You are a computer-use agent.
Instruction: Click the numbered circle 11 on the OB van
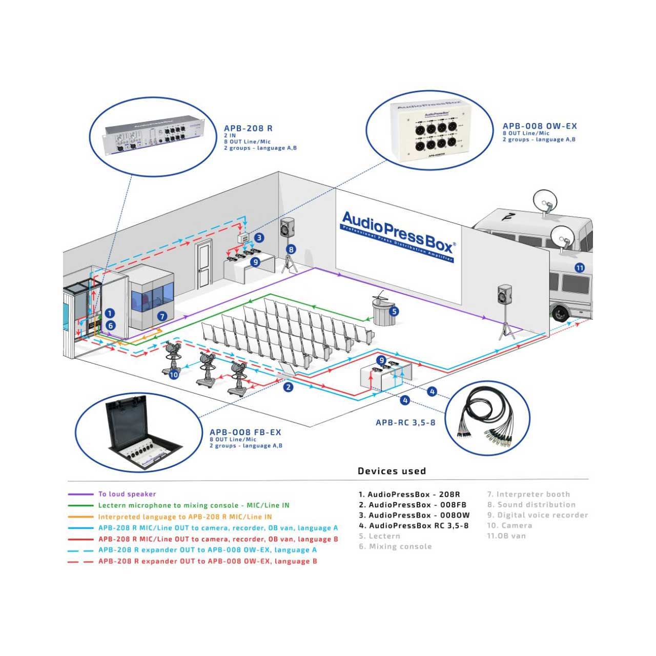580,268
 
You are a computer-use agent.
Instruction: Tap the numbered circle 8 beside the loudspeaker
291,250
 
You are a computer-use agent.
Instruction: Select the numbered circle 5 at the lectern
394,311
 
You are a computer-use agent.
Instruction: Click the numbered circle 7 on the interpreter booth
162,316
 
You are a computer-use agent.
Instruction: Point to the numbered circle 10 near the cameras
174,375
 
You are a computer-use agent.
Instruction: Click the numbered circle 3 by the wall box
260,237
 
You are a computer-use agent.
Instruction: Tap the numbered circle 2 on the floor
289,387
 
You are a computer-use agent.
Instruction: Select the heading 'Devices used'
392,471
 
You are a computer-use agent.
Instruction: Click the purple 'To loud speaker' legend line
80,495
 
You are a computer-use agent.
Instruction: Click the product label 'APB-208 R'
248,129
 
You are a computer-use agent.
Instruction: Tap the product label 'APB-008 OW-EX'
540,126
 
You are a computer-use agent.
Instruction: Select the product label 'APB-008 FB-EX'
245,433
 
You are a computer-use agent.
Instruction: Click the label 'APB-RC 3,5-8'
405,423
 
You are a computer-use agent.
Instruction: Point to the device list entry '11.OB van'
506,536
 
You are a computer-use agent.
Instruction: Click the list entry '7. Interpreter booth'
528,495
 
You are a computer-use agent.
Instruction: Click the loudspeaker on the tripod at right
505,296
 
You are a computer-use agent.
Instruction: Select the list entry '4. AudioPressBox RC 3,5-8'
413,525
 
